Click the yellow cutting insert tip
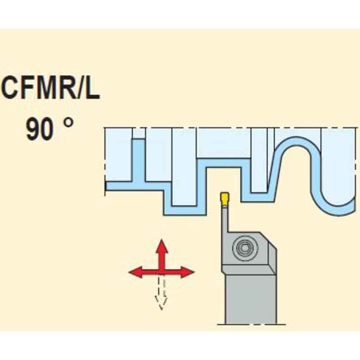224,198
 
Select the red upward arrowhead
162,247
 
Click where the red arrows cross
162,272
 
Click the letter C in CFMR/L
11,89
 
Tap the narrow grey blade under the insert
224,220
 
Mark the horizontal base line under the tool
247,324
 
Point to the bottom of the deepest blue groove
185,211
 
